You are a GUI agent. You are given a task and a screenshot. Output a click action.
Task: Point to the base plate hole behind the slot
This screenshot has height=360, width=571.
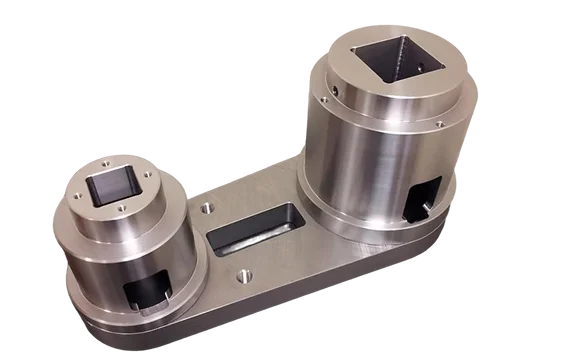point(206,210)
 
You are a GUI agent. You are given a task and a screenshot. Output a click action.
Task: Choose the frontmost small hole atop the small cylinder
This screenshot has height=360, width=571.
point(121,209)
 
